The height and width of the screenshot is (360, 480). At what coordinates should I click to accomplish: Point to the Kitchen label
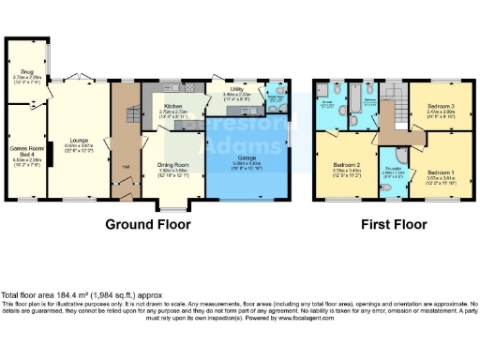pyautogui.click(x=173, y=107)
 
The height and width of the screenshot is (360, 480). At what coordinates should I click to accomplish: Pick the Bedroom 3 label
pyautogui.click(x=439, y=106)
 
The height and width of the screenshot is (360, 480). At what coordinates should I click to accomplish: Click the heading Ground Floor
pyautogui.click(x=147, y=225)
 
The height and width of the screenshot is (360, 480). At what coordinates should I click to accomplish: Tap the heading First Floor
pyautogui.click(x=394, y=225)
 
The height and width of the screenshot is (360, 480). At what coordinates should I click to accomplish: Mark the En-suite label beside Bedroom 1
pyautogui.click(x=393, y=170)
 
